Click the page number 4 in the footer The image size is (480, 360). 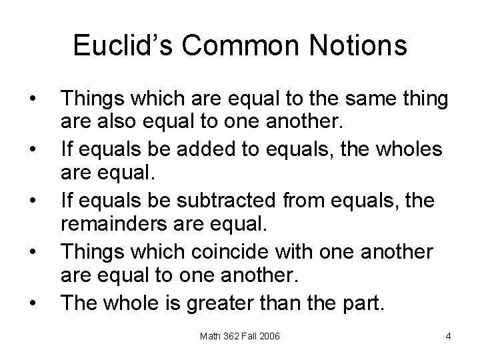pos(449,335)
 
